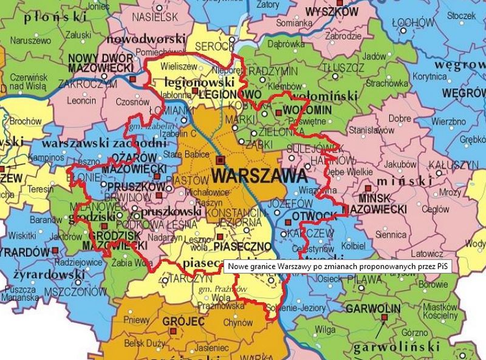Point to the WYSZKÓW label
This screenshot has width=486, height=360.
(x=332, y=12)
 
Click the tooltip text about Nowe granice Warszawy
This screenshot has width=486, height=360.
(x=340, y=267)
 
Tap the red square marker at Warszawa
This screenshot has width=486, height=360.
(x=220, y=160)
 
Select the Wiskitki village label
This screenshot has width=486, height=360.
(x=23, y=234)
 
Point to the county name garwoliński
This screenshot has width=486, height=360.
(x=397, y=347)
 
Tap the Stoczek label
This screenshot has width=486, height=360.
(x=464, y=16)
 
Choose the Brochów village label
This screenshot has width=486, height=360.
(x=25, y=121)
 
